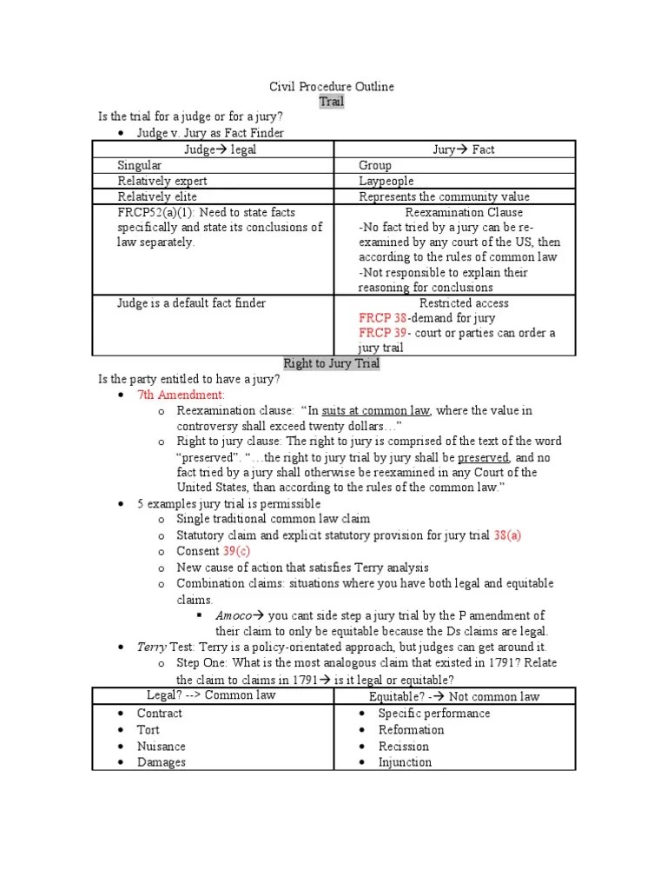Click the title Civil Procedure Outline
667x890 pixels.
(x=332, y=86)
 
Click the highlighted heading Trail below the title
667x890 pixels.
(x=332, y=102)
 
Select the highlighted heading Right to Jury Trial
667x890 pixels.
(x=332, y=363)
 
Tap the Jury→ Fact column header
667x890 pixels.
(x=464, y=149)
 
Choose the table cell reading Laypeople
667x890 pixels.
(x=386, y=181)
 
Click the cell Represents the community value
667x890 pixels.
(x=444, y=196)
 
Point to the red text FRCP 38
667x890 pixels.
(x=382, y=318)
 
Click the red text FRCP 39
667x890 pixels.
(x=382, y=333)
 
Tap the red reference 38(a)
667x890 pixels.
(x=507, y=535)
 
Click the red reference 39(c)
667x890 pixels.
(x=240, y=551)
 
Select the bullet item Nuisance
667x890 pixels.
(x=162, y=746)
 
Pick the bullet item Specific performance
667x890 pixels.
(x=434, y=713)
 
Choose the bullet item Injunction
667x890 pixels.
(x=405, y=762)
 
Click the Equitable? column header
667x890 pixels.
(x=454, y=696)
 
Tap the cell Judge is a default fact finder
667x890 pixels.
(x=192, y=303)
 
